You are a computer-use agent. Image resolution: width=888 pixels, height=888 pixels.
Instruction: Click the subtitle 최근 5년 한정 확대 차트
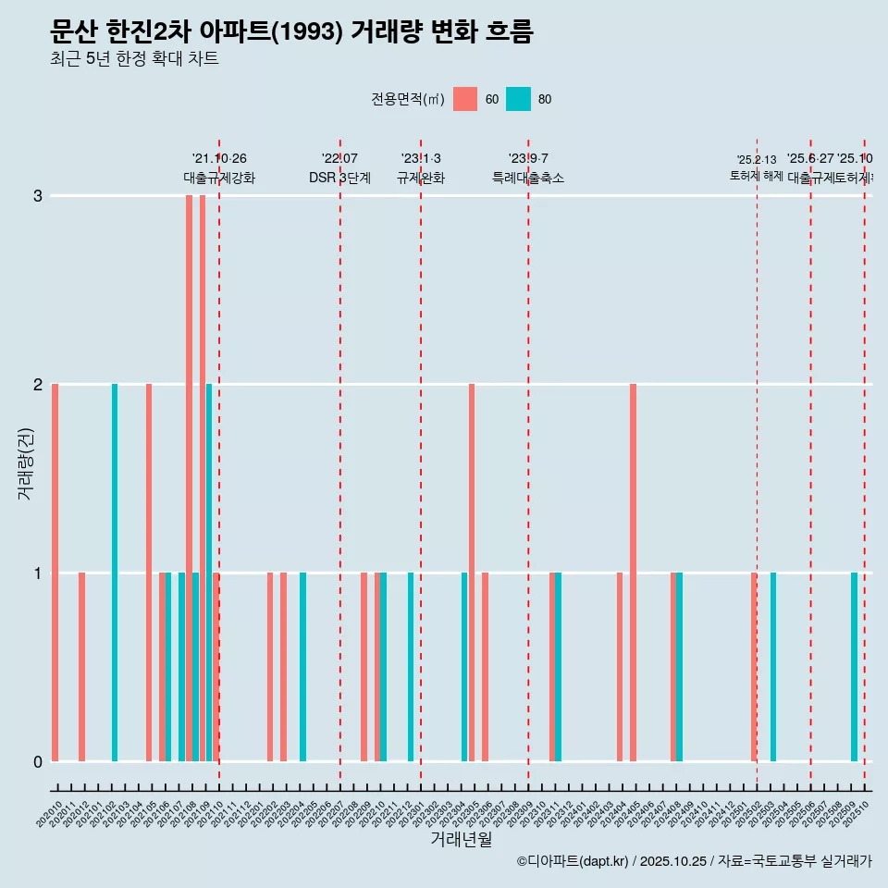[134, 60]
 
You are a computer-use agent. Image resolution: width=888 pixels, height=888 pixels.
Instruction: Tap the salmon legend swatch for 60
[465, 99]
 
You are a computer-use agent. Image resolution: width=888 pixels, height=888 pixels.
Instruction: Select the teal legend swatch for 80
[518, 99]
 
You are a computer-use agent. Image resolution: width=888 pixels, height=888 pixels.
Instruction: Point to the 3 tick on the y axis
[38, 196]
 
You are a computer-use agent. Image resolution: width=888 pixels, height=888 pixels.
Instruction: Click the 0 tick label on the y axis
[38, 762]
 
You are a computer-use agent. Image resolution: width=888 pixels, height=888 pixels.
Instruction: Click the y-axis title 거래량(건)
[26, 463]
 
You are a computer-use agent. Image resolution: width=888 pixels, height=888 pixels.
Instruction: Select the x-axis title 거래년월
[461, 840]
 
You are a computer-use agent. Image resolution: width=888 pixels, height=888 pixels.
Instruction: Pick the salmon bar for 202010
[55, 573]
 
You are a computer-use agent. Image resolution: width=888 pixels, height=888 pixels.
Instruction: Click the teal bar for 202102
[115, 573]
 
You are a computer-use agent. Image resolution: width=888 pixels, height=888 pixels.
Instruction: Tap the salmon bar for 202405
[633, 573]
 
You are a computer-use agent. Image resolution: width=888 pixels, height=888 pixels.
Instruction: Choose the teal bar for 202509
[854, 667]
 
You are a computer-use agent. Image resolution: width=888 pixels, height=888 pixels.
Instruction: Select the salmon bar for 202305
[472, 573]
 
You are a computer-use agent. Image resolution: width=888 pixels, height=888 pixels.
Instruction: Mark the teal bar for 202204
[302, 667]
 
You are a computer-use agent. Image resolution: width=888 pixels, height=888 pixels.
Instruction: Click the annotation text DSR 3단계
[339, 179]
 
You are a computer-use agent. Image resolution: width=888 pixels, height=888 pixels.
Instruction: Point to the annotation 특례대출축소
[527, 179]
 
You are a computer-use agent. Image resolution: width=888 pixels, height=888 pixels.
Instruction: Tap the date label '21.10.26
[219, 159]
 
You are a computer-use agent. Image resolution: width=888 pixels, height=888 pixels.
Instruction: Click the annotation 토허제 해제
[757, 176]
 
